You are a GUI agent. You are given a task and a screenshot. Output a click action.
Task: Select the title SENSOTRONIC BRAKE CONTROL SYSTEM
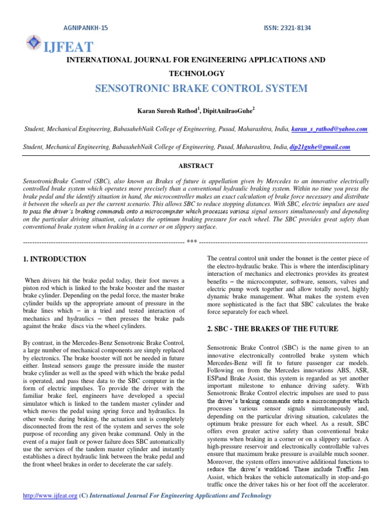click(x=202, y=89)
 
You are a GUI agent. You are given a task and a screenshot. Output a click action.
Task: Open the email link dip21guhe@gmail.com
click(x=320, y=147)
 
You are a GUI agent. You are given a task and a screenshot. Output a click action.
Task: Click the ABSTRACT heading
click(x=195, y=166)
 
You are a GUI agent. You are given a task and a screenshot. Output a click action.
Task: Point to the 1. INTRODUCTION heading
click(x=55, y=259)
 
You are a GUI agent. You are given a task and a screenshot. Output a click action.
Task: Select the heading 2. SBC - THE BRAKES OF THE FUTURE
click(x=273, y=329)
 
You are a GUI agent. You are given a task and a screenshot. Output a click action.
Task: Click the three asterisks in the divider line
click(x=192, y=242)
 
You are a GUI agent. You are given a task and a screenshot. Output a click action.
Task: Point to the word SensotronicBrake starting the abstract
click(x=47, y=182)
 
